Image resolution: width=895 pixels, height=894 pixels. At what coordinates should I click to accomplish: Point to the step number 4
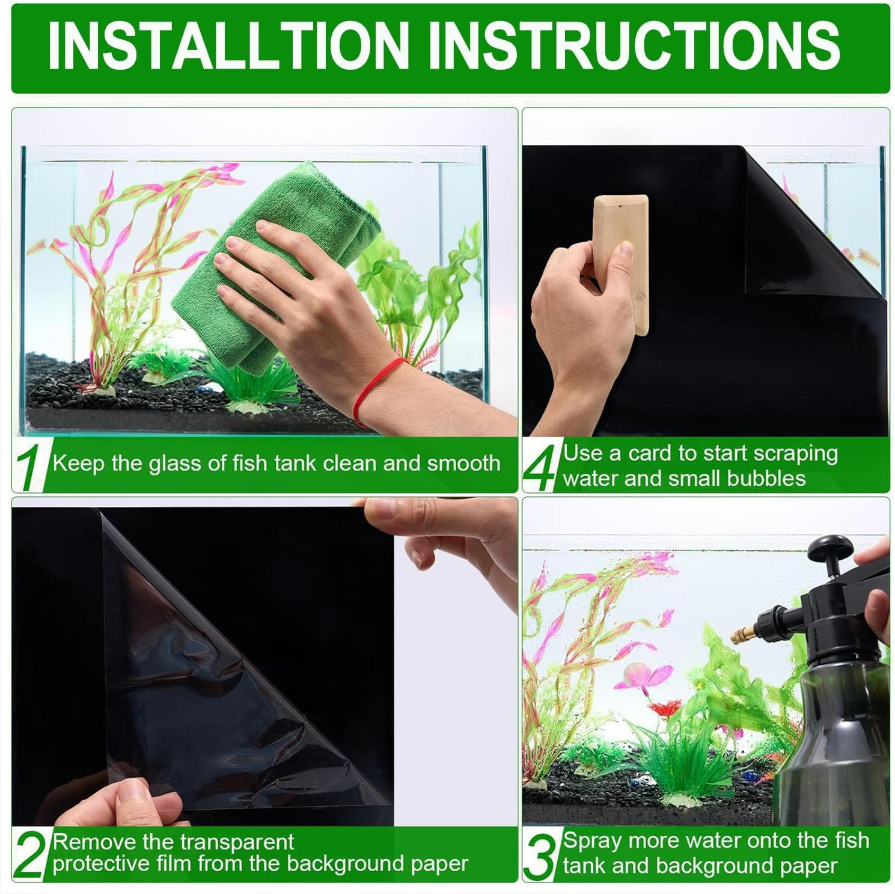pyautogui.click(x=541, y=467)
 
